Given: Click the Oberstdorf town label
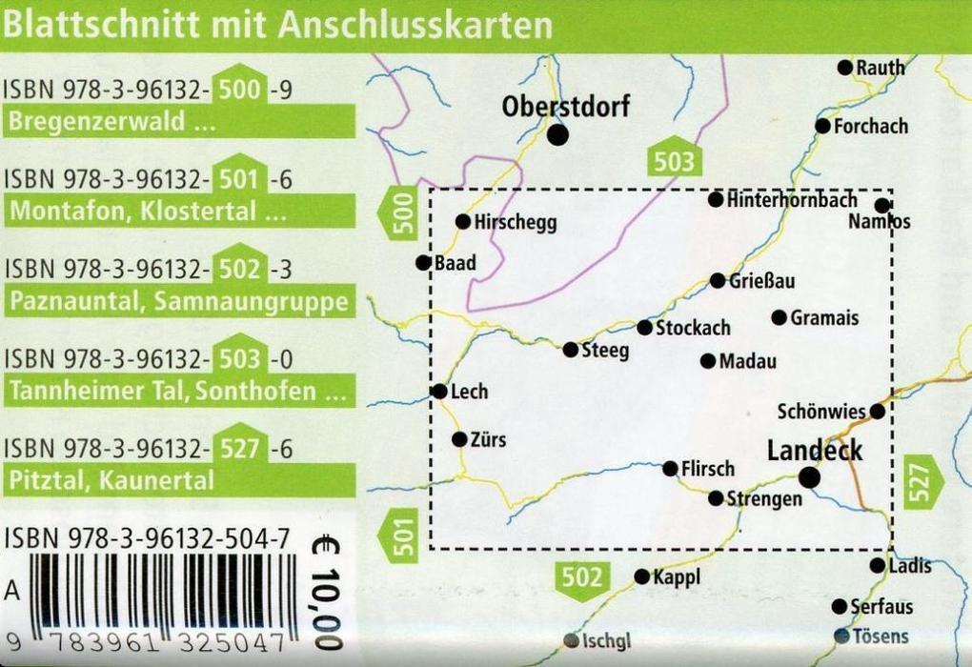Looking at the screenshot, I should tap(566, 106).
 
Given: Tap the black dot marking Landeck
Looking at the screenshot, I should tap(809, 477).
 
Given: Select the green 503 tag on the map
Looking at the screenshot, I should tap(674, 161).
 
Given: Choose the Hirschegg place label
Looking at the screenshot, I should tap(516, 222).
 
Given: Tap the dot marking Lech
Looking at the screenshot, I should tap(439, 391).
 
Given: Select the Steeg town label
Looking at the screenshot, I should tap(605, 351).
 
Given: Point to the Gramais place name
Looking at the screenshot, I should tap(824, 318).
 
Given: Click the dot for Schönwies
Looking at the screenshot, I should tap(877, 411).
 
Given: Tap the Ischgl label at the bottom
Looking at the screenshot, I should tap(607, 641).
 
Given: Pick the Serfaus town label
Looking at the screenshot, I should tap(881, 607).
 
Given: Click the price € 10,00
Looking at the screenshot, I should tap(326, 591).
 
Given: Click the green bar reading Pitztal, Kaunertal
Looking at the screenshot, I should tap(178, 480).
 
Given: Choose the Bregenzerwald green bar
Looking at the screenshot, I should tap(178, 123).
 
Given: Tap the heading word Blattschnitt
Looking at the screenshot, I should tap(93, 24).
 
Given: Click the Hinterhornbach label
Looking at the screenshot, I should tap(792, 200).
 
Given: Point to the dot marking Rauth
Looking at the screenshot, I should tap(844, 67).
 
